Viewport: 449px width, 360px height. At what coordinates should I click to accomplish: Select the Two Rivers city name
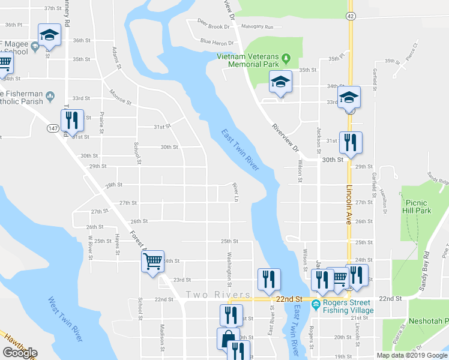click(218, 295)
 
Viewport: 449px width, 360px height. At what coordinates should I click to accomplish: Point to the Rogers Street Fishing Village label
click(348, 306)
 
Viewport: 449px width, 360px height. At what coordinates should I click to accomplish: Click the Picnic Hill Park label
click(418, 207)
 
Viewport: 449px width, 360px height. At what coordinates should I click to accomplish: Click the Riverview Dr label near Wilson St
click(285, 138)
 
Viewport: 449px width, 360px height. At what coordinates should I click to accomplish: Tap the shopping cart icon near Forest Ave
click(152, 260)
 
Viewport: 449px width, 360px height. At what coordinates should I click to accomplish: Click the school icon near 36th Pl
click(49, 34)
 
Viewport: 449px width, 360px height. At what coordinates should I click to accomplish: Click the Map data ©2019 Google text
click(412, 355)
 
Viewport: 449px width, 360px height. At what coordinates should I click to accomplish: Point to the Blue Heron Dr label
click(217, 42)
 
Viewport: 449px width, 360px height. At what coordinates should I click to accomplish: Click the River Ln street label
click(236, 193)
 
